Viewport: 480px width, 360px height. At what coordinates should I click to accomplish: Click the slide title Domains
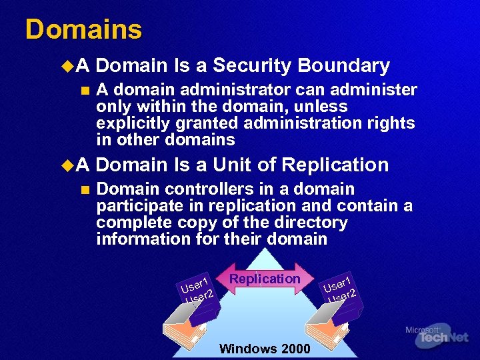click(x=83, y=30)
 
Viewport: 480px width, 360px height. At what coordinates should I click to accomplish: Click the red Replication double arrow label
click(x=265, y=279)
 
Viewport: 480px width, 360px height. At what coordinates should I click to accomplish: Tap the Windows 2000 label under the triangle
click(x=264, y=349)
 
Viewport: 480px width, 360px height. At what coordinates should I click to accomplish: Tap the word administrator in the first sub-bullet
click(x=225, y=90)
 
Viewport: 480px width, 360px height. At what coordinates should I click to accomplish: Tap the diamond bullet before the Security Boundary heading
click(x=65, y=66)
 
